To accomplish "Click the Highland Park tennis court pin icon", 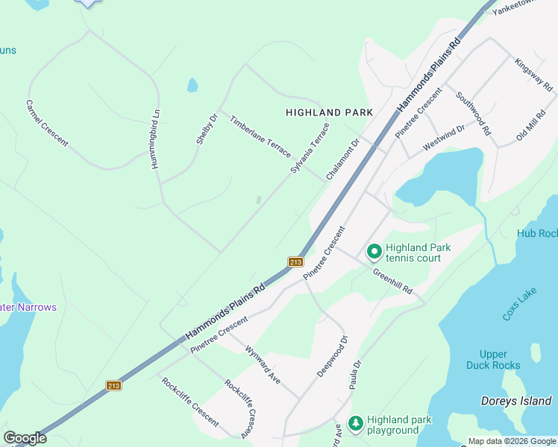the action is pos(374,253).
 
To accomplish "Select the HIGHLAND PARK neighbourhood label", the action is pos(329,112).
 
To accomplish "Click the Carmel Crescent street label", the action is pos(46,123).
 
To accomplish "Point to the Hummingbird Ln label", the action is pos(157,139).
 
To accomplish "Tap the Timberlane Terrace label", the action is pos(260,136).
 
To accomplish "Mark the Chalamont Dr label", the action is pos(342,159).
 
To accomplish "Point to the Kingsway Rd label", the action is pos(533,73).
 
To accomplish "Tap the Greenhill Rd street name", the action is pos(392,280).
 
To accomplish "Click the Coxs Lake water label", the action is pos(519,305).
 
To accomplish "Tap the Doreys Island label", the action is pos(515,401).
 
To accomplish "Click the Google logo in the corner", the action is pos(25,438).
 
